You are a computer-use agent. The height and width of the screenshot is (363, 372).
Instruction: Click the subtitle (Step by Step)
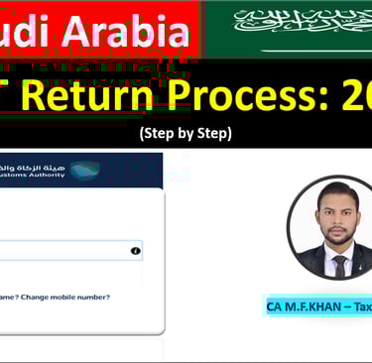[x=186, y=133]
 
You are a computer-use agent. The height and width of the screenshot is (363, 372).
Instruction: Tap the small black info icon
[x=135, y=251]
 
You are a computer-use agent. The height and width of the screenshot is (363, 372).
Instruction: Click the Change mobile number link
[x=64, y=297]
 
